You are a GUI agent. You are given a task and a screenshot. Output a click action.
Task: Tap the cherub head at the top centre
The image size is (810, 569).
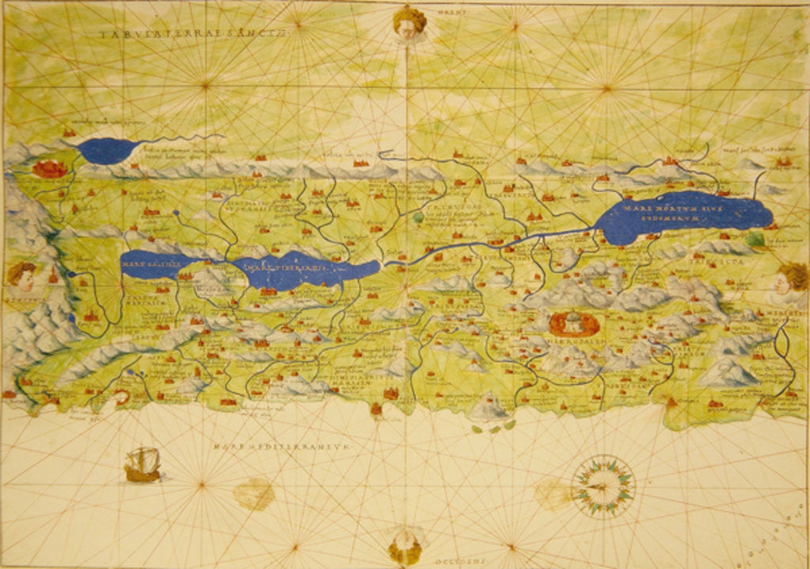pos(408,22)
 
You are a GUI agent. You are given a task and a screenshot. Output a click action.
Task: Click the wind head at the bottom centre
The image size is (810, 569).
pos(405,546)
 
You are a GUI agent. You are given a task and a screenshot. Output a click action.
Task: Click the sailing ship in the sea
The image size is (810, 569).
pos(142,465)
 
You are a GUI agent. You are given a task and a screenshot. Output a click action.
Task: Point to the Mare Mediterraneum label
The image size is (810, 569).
pos(280,448)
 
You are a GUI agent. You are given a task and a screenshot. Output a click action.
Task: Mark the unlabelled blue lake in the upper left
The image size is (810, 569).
pos(109,150)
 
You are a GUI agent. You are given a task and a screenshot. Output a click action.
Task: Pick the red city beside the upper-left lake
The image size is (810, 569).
pos(50,168)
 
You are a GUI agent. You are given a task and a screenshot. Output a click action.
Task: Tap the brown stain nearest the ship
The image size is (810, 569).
pos(254,494)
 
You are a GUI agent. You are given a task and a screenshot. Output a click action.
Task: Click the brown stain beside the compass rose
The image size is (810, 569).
pos(553,494)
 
